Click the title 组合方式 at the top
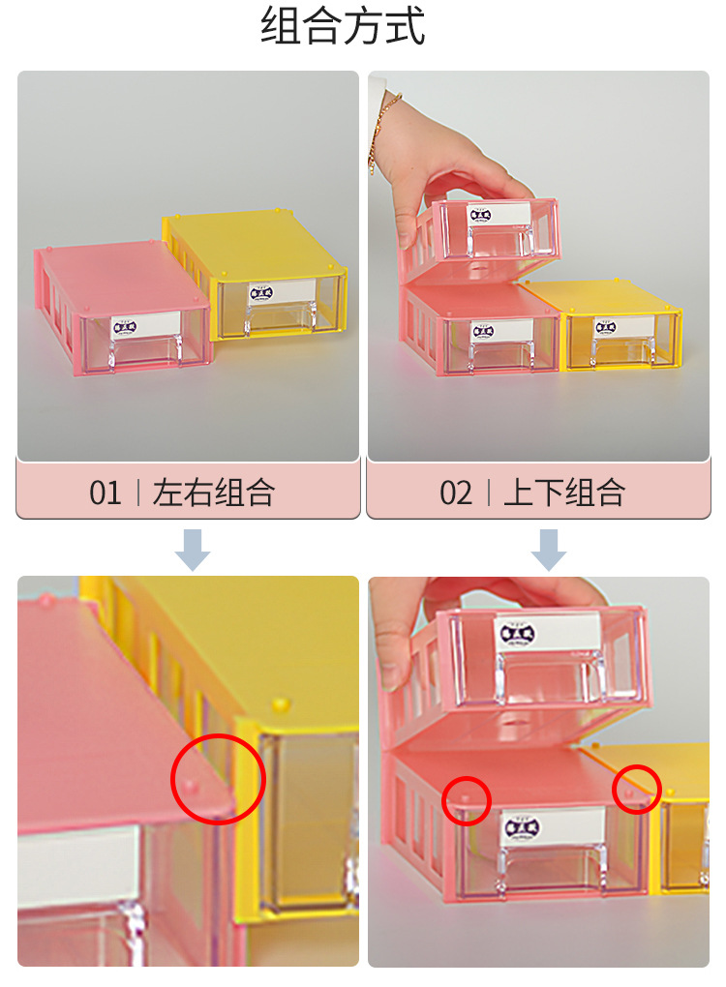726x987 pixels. click(x=343, y=26)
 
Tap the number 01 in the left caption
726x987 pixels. click(x=106, y=493)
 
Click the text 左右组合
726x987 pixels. click(x=214, y=493)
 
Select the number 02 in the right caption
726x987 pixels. click(x=456, y=493)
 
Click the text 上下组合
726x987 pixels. click(x=564, y=493)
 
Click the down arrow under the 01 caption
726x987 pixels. click(x=193, y=549)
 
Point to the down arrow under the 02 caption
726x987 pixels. click(x=549, y=549)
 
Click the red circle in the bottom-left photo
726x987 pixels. click(x=218, y=779)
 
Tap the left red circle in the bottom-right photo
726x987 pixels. click(x=467, y=800)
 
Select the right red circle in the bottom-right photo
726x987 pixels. click(x=637, y=788)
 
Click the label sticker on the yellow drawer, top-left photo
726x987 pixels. click(x=262, y=291)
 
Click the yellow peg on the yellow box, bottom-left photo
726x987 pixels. click(x=281, y=703)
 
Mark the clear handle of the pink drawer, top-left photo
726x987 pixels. click(x=149, y=352)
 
